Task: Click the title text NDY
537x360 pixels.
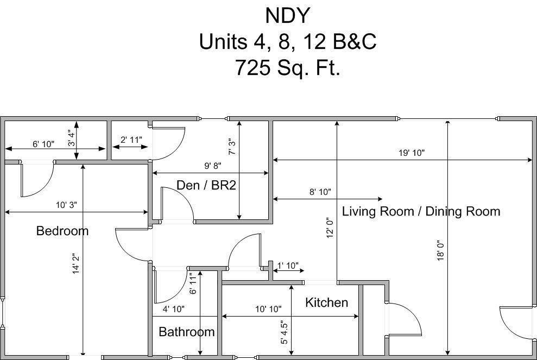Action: point(288,15)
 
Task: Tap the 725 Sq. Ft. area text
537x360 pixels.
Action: point(288,67)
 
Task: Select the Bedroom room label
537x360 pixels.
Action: point(62,231)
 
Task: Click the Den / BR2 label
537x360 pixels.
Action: point(206,185)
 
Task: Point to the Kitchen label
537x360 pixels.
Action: point(326,302)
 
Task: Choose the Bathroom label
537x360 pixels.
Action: point(187,332)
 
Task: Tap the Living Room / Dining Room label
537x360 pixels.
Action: point(421,211)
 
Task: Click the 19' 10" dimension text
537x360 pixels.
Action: point(412,153)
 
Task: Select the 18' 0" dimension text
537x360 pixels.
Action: point(441,250)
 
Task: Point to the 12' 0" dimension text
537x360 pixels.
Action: point(330,228)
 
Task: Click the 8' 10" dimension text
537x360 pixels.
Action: point(320,192)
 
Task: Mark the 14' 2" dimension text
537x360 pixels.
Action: point(75,263)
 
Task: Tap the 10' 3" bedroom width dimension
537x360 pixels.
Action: point(66,205)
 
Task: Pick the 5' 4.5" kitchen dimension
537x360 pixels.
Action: point(284,332)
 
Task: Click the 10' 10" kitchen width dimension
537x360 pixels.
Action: point(268,310)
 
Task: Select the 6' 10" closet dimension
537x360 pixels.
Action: point(43,144)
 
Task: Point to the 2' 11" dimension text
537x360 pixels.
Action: point(131,140)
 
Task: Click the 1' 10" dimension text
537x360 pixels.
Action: point(288,266)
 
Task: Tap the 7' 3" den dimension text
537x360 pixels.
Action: point(232,147)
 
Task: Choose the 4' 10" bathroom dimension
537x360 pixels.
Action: point(173,310)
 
